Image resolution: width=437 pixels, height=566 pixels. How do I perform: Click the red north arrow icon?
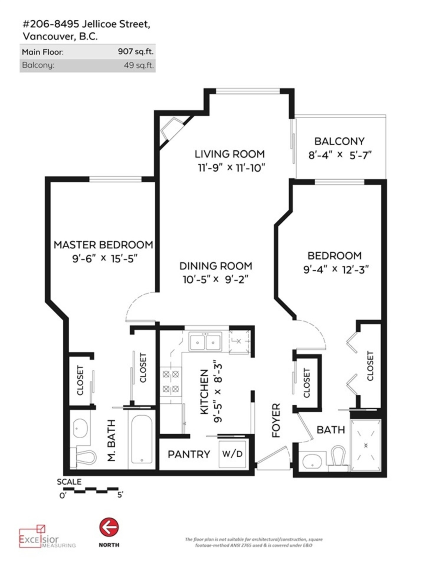[109, 527]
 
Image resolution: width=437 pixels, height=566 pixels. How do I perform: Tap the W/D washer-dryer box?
[232, 454]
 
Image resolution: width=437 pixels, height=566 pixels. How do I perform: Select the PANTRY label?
[189, 454]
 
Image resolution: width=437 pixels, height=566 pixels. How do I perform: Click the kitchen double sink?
[205, 342]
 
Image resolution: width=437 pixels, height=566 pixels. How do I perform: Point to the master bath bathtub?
[142, 439]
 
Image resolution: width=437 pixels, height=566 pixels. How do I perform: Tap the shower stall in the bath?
[366, 445]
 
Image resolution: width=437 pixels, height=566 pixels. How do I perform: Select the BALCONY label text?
[339, 141]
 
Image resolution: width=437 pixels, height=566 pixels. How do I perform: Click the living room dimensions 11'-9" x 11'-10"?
[231, 168]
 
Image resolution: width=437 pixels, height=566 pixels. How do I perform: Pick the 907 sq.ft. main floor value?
[136, 52]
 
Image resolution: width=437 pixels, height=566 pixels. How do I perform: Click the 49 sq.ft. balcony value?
[139, 65]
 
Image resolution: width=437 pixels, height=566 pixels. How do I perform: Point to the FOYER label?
[276, 421]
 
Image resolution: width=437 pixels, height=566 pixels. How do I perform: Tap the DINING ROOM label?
[216, 266]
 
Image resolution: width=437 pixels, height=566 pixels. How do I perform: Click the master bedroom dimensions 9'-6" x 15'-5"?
[105, 259]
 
